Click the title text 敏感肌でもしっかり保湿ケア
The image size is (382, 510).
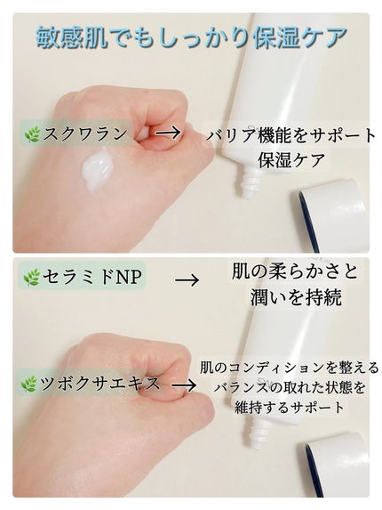[191, 36]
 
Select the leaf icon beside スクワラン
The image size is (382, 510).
[34, 134]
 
